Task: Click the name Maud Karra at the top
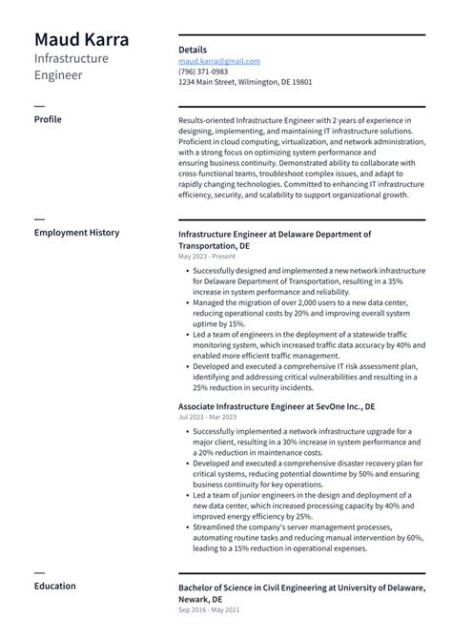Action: coord(82,40)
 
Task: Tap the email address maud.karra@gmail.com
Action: coord(219,61)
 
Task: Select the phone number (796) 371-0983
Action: coord(203,72)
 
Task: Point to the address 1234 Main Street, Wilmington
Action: coord(245,82)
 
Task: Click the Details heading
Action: coord(193,49)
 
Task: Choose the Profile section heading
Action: coord(48,119)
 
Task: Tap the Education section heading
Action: coord(55,586)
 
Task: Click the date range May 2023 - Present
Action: coord(206,257)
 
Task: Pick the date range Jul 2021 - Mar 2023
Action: coord(207,417)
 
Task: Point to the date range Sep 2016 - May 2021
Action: coord(208,608)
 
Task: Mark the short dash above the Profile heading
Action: coord(39,104)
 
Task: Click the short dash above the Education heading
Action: coord(39,570)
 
